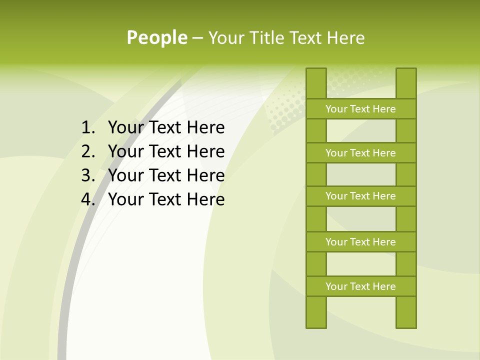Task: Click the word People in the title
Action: [x=156, y=37]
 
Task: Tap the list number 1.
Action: [x=87, y=127]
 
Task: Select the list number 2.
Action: [x=87, y=151]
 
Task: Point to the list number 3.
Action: [x=87, y=175]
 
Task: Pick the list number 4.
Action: [x=87, y=199]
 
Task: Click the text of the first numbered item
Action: [x=166, y=127]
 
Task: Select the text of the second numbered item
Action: [x=166, y=151]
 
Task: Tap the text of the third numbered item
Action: [x=166, y=175]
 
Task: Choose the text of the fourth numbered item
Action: [x=166, y=199]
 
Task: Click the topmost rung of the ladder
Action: [x=360, y=109]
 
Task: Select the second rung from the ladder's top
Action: [x=360, y=153]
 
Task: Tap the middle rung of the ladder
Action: [x=360, y=196]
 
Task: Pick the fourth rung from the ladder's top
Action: [x=360, y=242]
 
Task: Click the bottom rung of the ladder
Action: [x=360, y=286]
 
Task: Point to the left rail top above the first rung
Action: [x=316, y=83]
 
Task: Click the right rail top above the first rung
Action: [x=406, y=83]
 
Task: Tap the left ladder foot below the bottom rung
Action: [x=316, y=312]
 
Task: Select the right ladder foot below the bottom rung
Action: [x=406, y=312]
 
